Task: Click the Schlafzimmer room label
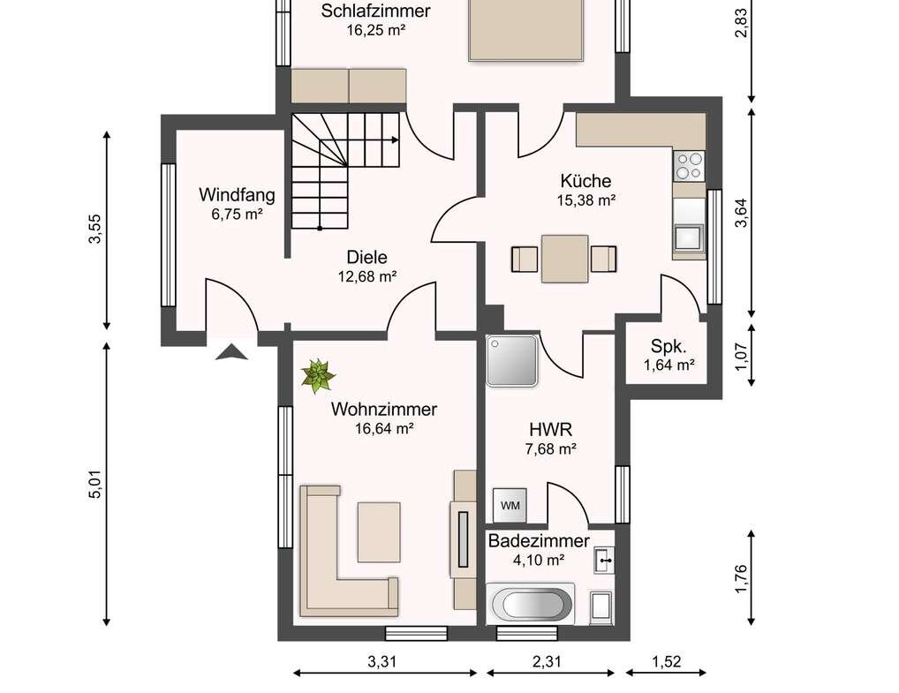[x=375, y=11]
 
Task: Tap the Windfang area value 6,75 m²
[x=237, y=215]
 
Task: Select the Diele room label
[x=367, y=257]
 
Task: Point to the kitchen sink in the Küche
[x=688, y=237]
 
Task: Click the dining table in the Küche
[x=564, y=259]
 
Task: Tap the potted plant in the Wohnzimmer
[x=317, y=376]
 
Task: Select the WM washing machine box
[x=510, y=505]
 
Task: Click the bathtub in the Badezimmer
[x=531, y=605]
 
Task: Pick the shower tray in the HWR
[x=512, y=360]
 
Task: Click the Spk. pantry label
[x=669, y=347]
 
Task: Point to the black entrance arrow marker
[x=231, y=352]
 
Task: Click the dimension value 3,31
[x=382, y=661]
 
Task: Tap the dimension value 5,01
[x=94, y=484]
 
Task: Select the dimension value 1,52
[x=666, y=661]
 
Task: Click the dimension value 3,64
[x=741, y=213]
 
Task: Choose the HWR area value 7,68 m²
[x=550, y=448]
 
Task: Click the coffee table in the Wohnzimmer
[x=379, y=532]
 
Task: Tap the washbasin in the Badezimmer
[x=604, y=560]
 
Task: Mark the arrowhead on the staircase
[x=395, y=139]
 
